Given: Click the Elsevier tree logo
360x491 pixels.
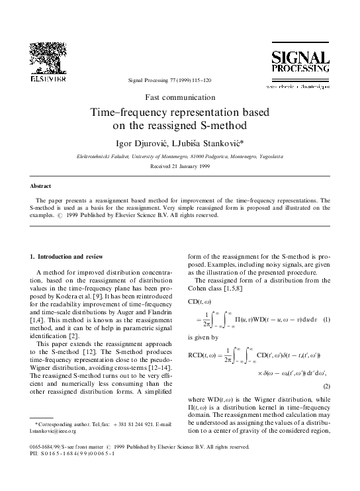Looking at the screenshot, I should tap(48, 56).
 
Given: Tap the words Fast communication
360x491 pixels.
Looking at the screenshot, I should tap(180, 97).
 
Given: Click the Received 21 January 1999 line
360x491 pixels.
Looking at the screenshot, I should tap(180, 167).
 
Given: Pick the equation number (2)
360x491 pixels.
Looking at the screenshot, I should tap(344, 384).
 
